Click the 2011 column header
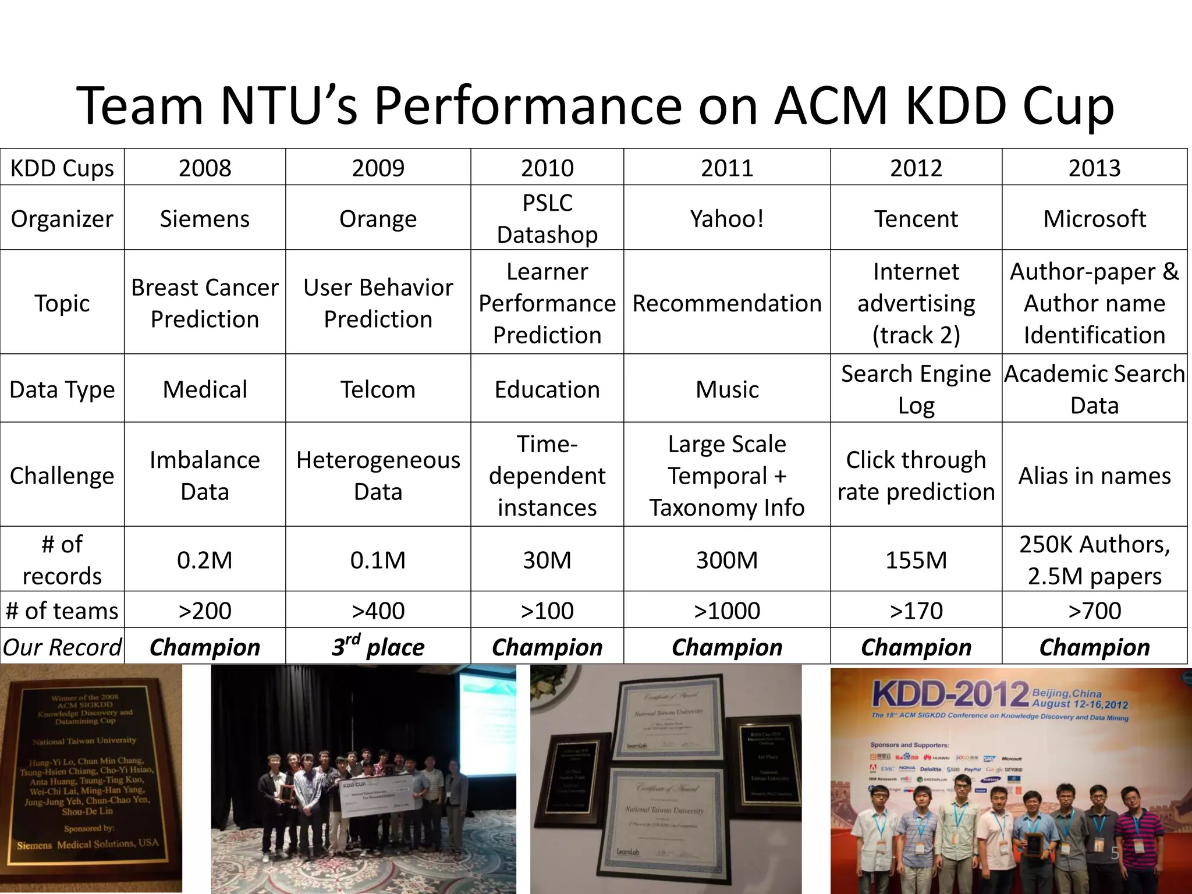[727, 168]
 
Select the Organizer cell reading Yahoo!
[727, 219]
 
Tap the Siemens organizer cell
[205, 219]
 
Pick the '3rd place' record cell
[378, 647]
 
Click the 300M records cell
[727, 560]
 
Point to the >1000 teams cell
[727, 611]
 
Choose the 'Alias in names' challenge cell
[1094, 476]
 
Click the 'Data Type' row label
[62, 389]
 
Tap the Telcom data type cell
[378, 389]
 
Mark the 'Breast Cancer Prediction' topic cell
[205, 303]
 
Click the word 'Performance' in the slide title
[527, 106]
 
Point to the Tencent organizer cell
[916, 219]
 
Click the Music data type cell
[727, 389]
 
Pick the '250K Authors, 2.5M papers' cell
[1094, 560]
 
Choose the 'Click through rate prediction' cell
[916, 476]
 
